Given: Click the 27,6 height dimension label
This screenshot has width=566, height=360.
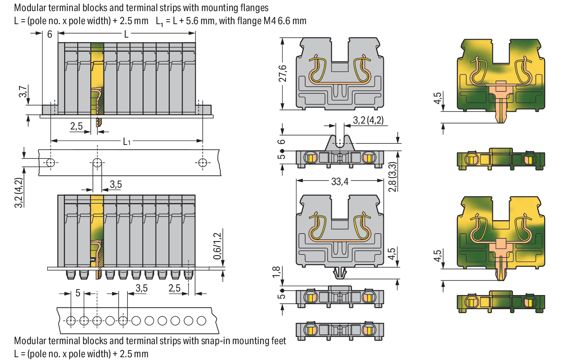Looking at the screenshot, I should (282, 73).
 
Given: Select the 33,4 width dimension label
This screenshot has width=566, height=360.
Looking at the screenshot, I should (339, 181).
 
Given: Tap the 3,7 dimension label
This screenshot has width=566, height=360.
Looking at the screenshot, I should (23, 91).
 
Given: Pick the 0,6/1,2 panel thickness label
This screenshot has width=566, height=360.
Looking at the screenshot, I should (217, 246).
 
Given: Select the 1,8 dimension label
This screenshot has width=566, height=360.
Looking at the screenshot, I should (276, 272).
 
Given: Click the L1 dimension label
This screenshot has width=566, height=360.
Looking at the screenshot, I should (126, 141).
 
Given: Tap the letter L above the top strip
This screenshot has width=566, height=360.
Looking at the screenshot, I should (126, 34).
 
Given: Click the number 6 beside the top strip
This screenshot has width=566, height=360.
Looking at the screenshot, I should (50, 34).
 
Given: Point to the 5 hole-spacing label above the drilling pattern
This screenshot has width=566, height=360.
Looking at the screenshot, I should (78, 293).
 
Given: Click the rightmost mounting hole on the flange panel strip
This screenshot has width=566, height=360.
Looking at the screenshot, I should (202, 162).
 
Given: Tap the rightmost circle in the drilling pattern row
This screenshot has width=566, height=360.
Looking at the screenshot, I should (201, 320).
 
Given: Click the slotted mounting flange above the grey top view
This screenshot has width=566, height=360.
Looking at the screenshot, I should (339, 143).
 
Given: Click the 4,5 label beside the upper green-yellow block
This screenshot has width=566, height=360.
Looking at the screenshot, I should (437, 98).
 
